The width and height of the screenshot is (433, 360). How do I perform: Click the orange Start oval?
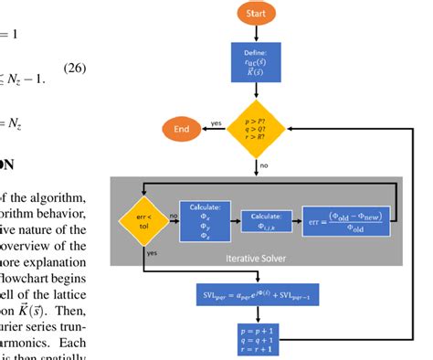[256, 14]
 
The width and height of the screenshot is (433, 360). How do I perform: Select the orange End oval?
[182, 129]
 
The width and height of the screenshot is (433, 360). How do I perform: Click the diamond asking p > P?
[256, 130]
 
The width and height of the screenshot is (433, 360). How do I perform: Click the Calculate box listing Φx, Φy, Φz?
[206, 219]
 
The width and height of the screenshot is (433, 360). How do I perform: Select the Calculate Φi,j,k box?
[269, 219]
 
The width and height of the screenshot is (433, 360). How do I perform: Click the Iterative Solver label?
[256, 258]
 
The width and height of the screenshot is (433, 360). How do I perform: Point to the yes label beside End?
[216, 122]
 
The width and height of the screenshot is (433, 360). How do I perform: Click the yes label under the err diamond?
[152, 253]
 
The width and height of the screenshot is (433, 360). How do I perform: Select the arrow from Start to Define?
[256, 35]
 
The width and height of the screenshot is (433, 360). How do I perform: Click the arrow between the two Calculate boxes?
[237, 219]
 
